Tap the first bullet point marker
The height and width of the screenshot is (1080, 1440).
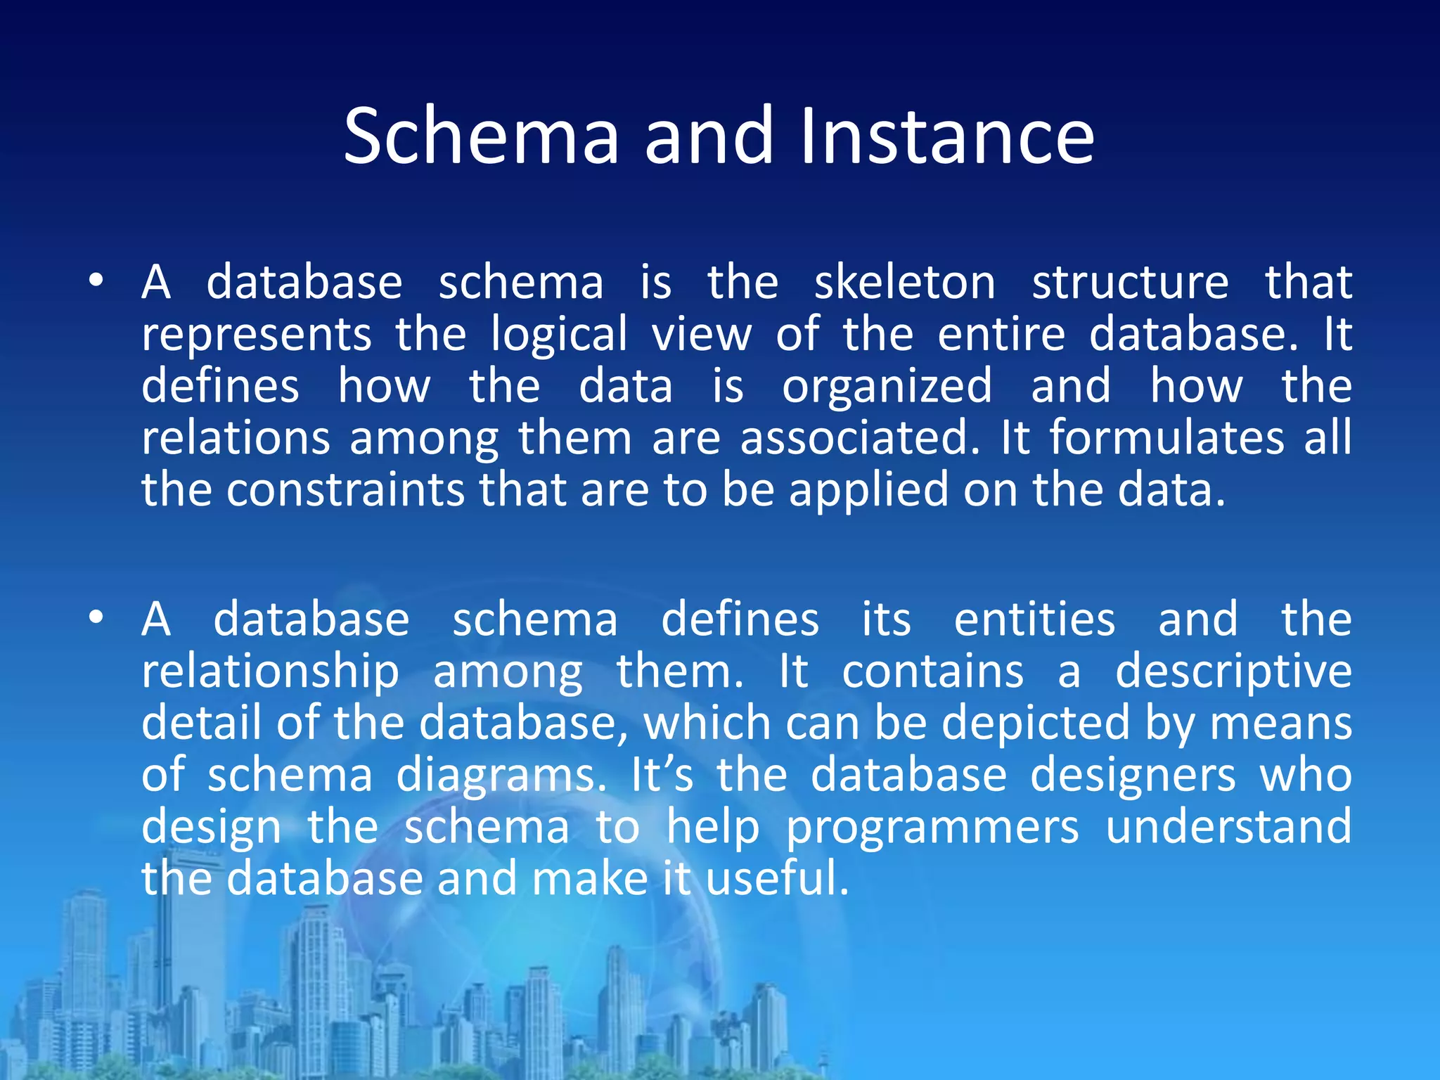(96, 281)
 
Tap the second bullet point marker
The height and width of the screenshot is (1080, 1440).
(96, 618)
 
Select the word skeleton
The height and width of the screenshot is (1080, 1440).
(905, 283)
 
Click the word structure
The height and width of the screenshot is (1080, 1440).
(1130, 283)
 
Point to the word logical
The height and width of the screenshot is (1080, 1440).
(559, 336)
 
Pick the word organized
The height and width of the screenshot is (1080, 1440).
(887, 387)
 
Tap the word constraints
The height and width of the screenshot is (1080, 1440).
(345, 491)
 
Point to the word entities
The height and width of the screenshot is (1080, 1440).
(1034, 620)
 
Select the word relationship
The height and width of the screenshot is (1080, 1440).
(270, 673)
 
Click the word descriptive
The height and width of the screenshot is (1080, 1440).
(1233, 673)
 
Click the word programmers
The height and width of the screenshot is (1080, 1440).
(932, 829)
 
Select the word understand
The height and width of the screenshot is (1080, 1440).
(1228, 828)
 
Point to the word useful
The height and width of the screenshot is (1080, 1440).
(777, 879)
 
